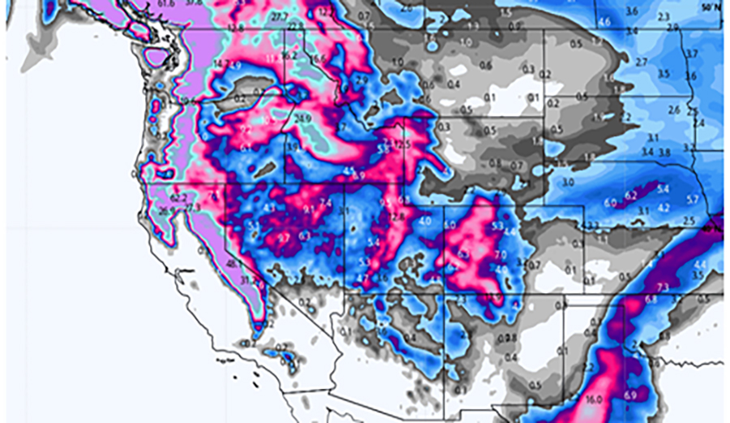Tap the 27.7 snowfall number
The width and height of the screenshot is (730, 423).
coord(280,16)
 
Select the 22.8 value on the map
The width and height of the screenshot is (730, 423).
coord(294,27)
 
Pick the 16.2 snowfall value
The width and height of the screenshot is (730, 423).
coord(290,55)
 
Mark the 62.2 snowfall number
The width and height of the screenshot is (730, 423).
coord(179,197)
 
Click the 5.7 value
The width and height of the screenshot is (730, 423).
coord(692,199)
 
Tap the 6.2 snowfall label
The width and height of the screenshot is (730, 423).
coord(631,195)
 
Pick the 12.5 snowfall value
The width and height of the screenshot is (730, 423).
coord(403,145)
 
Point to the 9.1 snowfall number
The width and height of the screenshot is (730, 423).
coord(308,209)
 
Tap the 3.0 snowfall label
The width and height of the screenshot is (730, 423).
coord(568,182)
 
